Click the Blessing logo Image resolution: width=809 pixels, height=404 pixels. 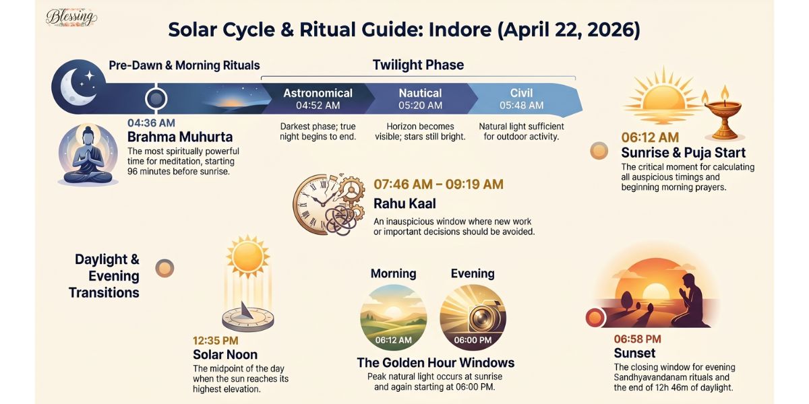71,18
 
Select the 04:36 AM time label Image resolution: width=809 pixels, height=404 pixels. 151,123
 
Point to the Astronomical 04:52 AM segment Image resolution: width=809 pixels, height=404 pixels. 318,98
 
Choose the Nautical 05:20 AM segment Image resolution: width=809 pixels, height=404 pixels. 420,98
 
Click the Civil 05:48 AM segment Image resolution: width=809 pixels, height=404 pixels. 521,98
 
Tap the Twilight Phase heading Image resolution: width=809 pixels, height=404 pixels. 418,65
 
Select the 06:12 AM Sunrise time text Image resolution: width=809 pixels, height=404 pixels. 650,138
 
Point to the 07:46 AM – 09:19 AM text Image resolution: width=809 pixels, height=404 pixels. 438,184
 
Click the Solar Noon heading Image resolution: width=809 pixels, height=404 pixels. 225,354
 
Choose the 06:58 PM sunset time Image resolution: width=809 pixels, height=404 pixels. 637,339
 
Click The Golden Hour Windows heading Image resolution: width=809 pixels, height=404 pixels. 436,363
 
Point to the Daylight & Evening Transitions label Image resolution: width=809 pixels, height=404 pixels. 107,276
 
